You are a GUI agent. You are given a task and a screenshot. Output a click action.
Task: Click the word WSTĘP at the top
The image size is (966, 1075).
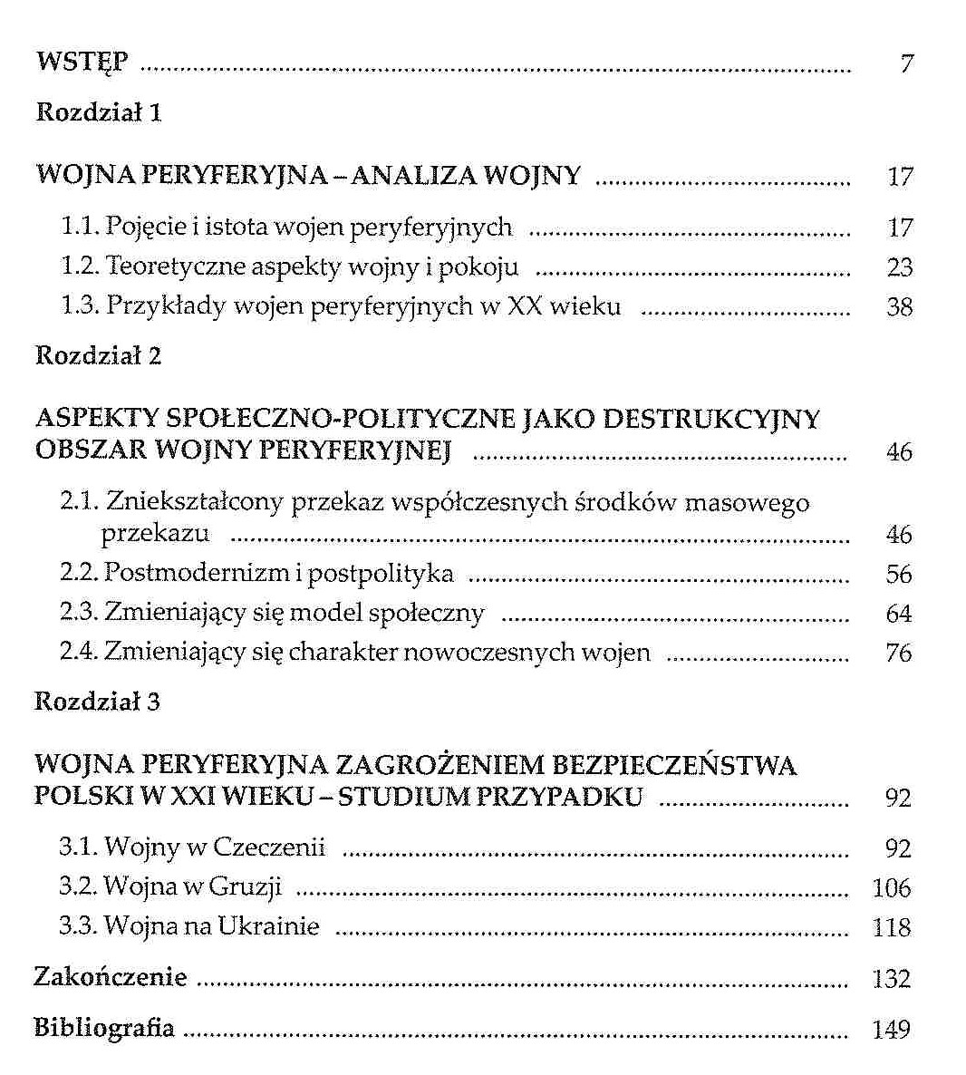pos(82,63)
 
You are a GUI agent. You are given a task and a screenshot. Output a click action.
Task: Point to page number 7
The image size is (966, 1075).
pos(906,64)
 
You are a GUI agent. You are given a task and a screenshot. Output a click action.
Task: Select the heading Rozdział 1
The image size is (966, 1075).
pos(98,113)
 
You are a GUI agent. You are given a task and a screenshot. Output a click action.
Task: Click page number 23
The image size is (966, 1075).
pos(900,267)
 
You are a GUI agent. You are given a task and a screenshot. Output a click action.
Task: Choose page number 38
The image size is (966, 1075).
pos(900,307)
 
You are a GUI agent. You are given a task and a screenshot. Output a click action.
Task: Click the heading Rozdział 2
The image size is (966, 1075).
pos(98,355)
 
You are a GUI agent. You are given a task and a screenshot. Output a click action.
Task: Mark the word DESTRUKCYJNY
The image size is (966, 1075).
pos(711,419)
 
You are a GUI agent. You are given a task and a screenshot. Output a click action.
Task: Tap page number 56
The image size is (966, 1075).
pos(899,575)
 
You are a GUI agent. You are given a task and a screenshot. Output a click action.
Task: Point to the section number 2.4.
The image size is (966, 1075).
pos(78,653)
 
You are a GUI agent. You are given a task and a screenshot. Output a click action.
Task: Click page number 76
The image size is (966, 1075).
pos(899,654)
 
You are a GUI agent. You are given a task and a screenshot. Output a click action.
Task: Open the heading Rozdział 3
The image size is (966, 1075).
pos(97,702)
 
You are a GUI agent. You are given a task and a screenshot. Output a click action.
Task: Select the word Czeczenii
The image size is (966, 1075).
pos(269,847)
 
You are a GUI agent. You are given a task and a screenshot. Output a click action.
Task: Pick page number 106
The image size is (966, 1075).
pos(892,888)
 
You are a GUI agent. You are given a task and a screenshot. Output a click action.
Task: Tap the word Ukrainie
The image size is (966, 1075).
pos(269,926)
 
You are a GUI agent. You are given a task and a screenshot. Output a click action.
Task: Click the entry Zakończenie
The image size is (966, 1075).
pos(111,977)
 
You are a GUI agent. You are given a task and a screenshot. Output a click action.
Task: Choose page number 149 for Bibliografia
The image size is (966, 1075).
pos(892,1031)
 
